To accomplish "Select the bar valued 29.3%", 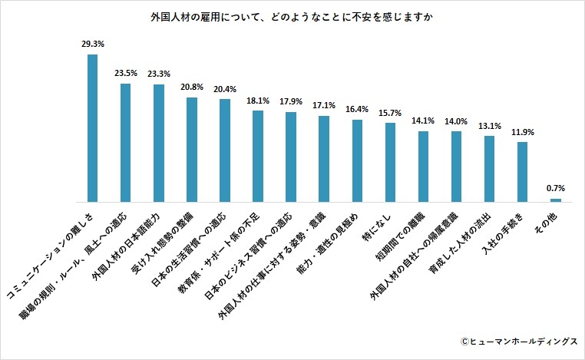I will point(92,127).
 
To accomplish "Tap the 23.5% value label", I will point(125,74).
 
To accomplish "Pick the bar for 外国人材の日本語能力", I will point(159,143).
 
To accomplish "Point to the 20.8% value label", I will point(192,88).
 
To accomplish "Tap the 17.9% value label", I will point(291,102).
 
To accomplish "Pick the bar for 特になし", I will point(390,162).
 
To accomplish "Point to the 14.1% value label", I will point(423,121).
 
